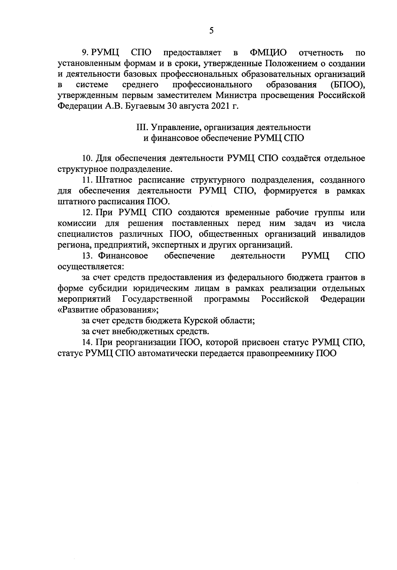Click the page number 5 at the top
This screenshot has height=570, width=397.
click(x=211, y=31)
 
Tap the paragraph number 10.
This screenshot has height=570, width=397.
click(x=88, y=158)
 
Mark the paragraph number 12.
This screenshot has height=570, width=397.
click(x=88, y=212)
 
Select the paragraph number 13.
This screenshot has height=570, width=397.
click(x=88, y=256)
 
